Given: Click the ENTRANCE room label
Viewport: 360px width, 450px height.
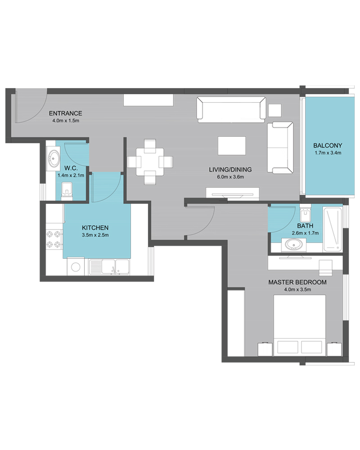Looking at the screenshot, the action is (65, 113).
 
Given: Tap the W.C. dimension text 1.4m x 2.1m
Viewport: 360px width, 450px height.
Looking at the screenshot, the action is (71, 175).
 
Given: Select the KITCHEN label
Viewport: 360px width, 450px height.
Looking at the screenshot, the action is (95, 228).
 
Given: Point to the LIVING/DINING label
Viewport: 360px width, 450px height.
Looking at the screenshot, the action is (230, 169).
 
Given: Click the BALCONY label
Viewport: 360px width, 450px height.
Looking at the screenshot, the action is (328, 145).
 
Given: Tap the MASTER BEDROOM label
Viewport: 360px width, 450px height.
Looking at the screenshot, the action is (297, 282).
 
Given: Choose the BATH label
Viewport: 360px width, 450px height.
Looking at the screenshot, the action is (305, 226).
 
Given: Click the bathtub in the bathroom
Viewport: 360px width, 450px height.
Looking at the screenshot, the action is (333, 229).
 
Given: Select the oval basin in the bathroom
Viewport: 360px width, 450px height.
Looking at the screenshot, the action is (293, 245).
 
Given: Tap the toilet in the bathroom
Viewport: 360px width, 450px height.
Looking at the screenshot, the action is (305, 211).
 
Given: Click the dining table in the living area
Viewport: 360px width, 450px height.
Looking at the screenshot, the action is (150, 162).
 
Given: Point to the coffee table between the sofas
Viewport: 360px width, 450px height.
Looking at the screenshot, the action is (232, 145).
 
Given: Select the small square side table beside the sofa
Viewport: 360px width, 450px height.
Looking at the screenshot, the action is (275, 110).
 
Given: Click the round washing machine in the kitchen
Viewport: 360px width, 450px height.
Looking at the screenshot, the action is (76, 267).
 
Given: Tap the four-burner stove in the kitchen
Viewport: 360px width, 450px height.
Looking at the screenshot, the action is (54, 239).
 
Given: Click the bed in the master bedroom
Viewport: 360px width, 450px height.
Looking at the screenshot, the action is (299, 325).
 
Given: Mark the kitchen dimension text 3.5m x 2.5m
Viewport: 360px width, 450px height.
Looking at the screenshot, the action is (95, 235).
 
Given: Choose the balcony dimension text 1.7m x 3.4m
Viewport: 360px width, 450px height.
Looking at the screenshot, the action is (328, 153).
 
